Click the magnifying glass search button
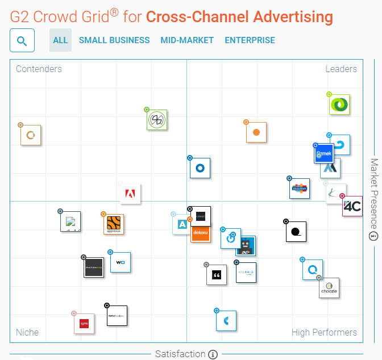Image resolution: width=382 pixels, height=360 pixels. point(22,40)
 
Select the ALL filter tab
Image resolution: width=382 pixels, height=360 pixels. point(60,40)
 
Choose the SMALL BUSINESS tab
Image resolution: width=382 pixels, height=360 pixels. point(114,40)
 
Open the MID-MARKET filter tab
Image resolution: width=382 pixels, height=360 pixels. point(187,40)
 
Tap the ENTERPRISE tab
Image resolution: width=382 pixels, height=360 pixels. point(250,40)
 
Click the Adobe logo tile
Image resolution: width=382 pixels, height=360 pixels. point(130,194)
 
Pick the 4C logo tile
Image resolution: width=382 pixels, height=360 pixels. point(352,207)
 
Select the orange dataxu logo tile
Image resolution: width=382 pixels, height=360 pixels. point(201,232)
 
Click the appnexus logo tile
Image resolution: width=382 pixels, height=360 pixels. point(114,224)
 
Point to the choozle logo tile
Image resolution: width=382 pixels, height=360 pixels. point(329,288)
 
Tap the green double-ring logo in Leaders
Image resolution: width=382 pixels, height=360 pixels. point(339,104)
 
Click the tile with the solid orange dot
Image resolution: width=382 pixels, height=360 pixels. point(256,132)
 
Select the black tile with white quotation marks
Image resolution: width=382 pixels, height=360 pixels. point(216,275)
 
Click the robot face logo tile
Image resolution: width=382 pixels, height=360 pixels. point(246,246)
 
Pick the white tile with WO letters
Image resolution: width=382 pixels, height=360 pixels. point(121,262)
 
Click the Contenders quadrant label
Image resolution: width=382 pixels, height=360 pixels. point(39,69)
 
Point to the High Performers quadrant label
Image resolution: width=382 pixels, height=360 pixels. point(324,332)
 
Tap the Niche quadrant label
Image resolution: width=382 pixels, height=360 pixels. point(27,332)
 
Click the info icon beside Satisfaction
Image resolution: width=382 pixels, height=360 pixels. point(213,354)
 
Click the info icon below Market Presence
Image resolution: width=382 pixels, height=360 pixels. point(373,236)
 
